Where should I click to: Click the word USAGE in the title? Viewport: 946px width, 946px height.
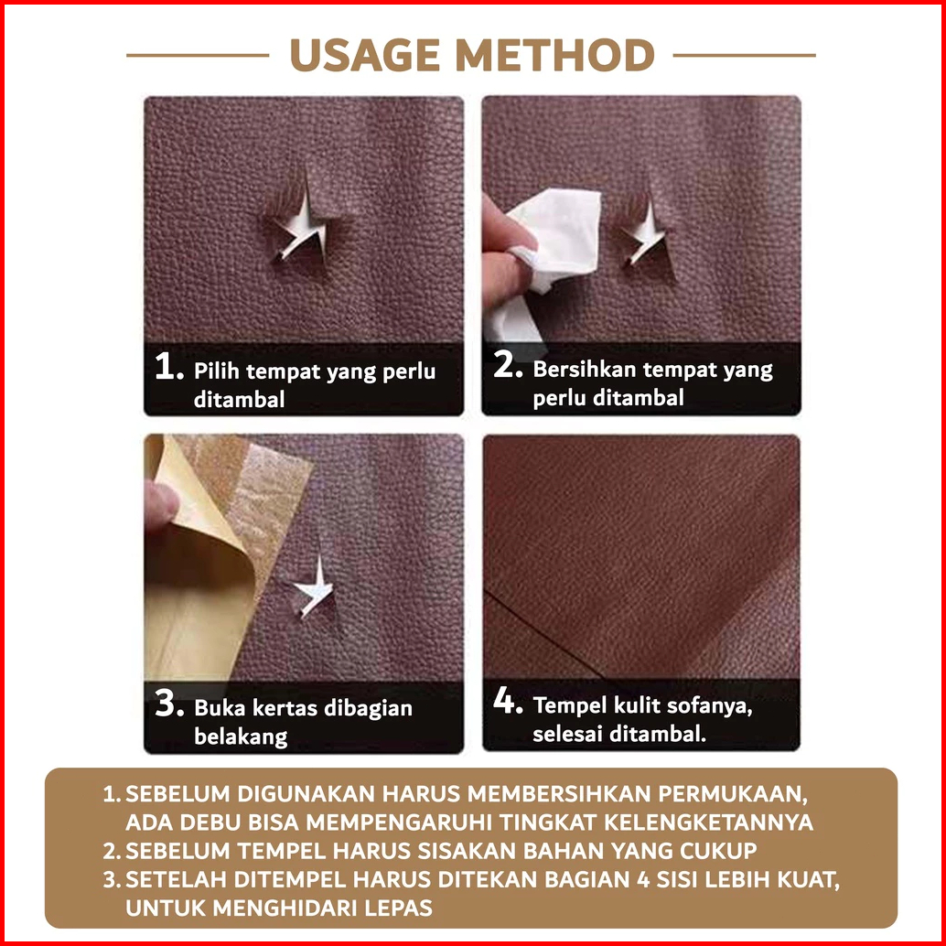click(x=365, y=55)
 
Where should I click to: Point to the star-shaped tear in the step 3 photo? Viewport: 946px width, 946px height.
click(x=315, y=588)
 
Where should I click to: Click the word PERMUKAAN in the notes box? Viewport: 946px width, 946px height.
click(x=733, y=794)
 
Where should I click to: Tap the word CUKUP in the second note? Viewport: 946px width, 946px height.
click(x=718, y=851)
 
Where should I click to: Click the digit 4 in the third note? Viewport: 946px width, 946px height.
click(x=643, y=879)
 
